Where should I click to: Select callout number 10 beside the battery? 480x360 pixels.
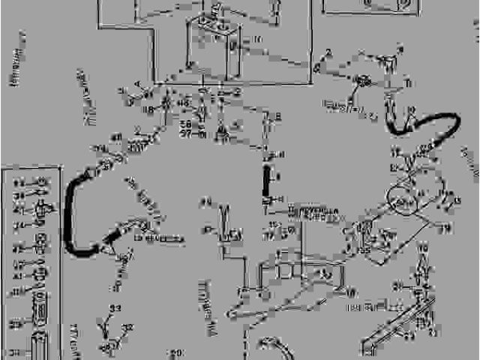[x=257, y=39]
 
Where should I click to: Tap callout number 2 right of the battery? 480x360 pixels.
[x=328, y=52]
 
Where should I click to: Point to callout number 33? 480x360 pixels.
[x=115, y=309]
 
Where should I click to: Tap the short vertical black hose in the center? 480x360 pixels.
[x=265, y=180]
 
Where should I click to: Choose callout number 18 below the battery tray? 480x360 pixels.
[x=149, y=109]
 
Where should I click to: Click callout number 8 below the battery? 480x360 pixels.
[x=277, y=116]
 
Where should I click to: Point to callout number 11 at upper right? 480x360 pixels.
[x=407, y=82]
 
